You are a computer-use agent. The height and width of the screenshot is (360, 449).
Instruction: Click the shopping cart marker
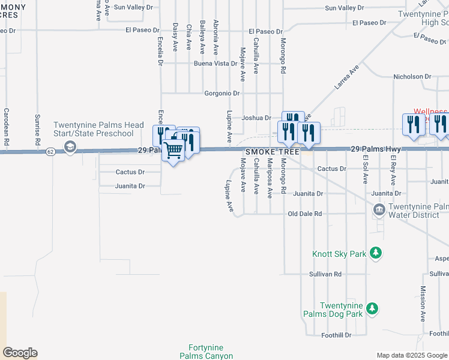click(173, 149)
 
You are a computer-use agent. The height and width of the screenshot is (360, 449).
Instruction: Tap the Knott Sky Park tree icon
click(376, 253)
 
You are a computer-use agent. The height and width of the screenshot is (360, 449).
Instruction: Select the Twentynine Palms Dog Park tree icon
click(372, 308)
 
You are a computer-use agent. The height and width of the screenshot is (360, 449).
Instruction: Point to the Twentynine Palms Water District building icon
click(379, 209)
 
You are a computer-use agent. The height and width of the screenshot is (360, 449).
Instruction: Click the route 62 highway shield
click(50, 152)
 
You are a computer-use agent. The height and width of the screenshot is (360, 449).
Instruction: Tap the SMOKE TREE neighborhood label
click(272, 152)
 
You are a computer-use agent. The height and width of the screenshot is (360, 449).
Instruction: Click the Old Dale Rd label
click(305, 214)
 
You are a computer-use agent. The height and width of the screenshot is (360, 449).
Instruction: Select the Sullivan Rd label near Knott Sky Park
click(325, 274)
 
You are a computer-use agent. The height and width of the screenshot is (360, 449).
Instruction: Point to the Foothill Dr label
click(336, 335)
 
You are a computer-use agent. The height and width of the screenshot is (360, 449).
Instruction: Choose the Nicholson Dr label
click(412, 77)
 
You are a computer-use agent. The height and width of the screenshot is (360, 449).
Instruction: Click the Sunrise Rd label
click(37, 130)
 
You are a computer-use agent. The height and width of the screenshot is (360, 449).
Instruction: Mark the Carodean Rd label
click(7, 128)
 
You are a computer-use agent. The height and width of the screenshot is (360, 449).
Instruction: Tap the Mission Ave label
click(423, 308)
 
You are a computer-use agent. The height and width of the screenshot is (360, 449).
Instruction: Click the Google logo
click(20, 353)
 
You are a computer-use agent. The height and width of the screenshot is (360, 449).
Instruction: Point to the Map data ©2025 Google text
click(412, 355)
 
